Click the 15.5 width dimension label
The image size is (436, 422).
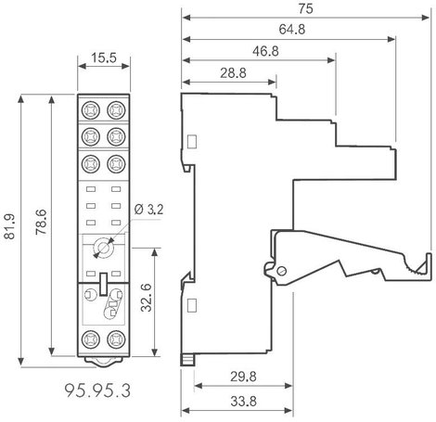(104, 58)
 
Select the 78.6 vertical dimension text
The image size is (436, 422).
(41, 222)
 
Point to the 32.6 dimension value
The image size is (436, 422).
(146, 298)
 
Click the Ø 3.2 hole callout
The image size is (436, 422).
(148, 210)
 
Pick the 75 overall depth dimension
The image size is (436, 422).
(305, 8)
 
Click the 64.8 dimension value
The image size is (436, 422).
(292, 30)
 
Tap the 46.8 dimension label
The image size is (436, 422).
(265, 51)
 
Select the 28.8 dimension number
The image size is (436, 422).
(233, 73)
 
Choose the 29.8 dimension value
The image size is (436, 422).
(243, 377)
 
